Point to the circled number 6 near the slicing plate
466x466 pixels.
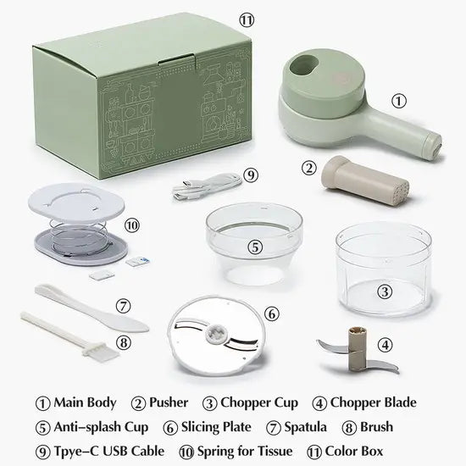(x=271, y=313)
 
